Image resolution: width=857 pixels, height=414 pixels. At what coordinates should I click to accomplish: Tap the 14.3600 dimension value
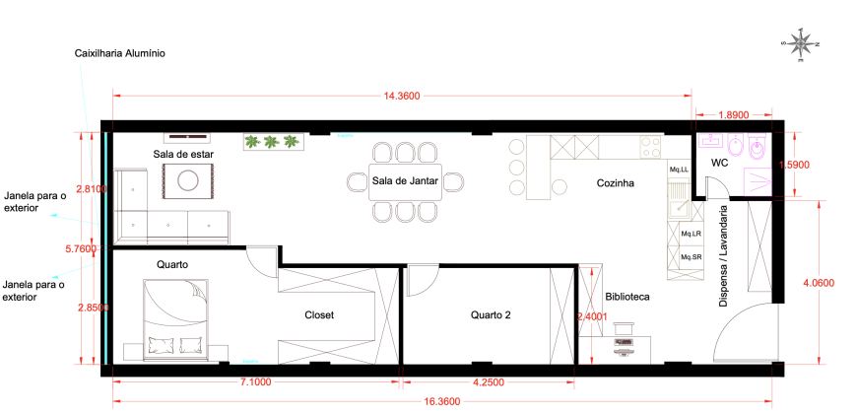401,97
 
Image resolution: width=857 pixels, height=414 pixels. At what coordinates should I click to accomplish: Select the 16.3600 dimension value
442,401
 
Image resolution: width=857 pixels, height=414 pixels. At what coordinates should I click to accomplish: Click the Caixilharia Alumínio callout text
120,53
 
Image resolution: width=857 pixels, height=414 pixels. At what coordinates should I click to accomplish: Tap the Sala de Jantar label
405,180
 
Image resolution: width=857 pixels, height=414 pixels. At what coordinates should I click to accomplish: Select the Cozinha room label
616,183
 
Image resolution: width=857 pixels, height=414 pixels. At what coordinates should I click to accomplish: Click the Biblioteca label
627,297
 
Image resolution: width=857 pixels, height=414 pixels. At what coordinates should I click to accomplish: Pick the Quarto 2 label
491,315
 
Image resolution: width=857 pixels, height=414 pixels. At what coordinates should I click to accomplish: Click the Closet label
319,315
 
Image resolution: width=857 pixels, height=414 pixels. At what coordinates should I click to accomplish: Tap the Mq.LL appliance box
679,170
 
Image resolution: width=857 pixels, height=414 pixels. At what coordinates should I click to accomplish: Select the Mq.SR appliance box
691,256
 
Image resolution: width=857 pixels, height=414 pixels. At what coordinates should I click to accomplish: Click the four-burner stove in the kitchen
651,147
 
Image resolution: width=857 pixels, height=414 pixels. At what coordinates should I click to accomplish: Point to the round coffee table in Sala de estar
187,180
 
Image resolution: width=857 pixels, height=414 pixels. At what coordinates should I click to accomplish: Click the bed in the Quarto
176,320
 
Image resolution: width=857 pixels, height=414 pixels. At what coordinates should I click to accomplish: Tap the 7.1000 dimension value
255,381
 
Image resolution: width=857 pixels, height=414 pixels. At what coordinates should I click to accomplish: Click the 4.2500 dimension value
488,381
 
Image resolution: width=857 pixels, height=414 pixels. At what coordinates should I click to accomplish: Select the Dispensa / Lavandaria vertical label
723,256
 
